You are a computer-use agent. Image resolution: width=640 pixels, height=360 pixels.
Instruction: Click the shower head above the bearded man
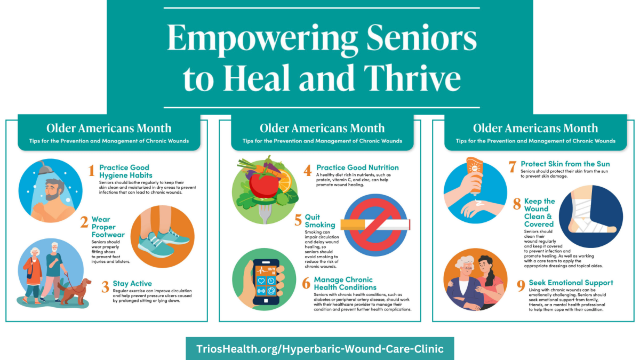click(46, 167)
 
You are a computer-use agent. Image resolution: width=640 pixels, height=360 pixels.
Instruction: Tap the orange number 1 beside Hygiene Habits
click(91, 171)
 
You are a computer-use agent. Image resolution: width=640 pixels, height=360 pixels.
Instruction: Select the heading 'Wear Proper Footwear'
click(108, 227)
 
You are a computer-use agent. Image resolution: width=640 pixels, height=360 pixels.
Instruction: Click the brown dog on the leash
click(75, 291)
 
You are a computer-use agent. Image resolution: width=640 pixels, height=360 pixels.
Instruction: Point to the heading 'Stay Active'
click(132, 283)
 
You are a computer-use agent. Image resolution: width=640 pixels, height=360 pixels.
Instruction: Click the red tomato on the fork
click(263, 185)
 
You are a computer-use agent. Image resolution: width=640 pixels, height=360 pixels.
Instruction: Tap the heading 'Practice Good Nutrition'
click(357, 167)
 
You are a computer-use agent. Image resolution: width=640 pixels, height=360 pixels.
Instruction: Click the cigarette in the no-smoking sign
click(375, 225)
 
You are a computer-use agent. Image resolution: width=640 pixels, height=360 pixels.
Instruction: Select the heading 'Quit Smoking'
click(319, 221)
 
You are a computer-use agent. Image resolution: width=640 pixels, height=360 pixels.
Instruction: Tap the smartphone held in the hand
click(266, 282)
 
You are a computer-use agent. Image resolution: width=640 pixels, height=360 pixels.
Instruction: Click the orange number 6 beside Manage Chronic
click(306, 283)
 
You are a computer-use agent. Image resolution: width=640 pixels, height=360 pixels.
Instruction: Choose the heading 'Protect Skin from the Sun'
click(565, 164)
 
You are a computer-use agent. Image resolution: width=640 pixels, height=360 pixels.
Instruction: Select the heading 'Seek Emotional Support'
click(571, 283)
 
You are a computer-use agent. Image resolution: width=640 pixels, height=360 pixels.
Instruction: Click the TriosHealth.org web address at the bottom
click(320, 349)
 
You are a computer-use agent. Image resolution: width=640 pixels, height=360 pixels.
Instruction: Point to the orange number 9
click(521, 286)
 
